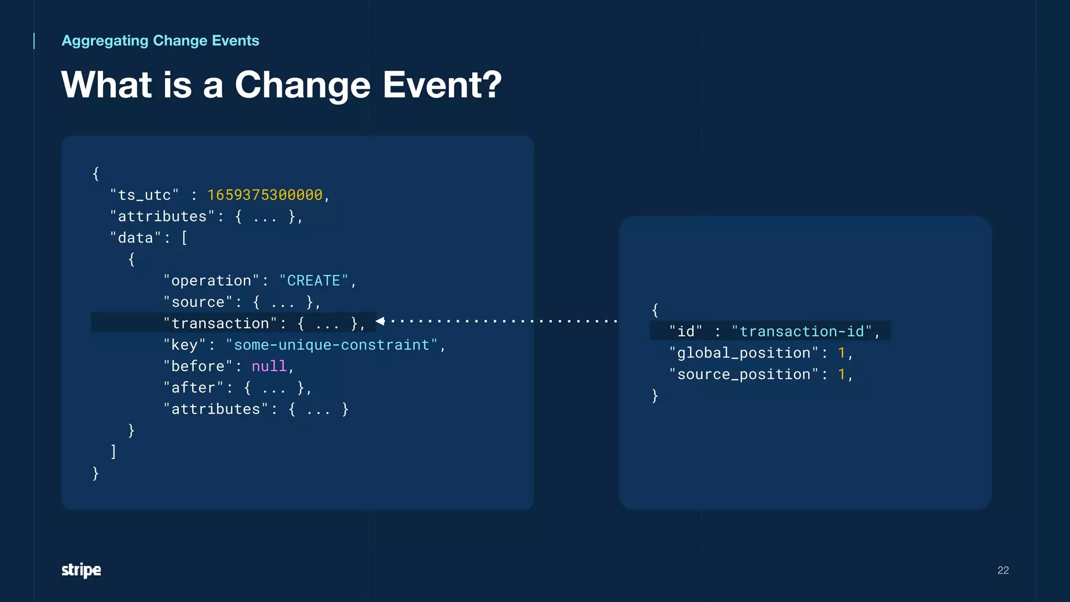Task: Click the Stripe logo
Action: (81, 570)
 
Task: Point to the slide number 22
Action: (1003, 570)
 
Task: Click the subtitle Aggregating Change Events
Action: (160, 41)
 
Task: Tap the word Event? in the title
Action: (442, 85)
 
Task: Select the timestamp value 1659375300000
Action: (265, 195)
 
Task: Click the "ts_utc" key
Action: (144, 195)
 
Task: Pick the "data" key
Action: (135, 238)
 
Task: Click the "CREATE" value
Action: (313, 281)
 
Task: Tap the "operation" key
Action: (211, 281)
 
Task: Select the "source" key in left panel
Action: (197, 302)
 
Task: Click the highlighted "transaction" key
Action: (220, 323)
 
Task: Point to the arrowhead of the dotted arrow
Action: (380, 321)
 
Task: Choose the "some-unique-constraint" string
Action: (332, 345)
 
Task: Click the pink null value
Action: (269, 366)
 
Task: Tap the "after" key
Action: (193, 388)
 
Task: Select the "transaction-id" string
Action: (801, 331)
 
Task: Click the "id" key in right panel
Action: (685, 331)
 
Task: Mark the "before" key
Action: (197, 366)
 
